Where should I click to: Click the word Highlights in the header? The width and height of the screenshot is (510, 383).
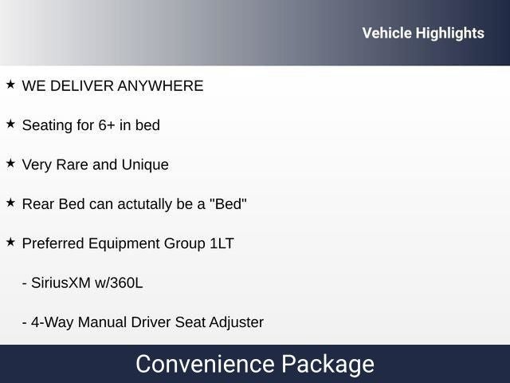pyautogui.click(x=449, y=34)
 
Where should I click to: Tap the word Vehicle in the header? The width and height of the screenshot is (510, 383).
pyautogui.click(x=387, y=33)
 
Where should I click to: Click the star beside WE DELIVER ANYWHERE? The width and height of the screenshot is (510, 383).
pyautogui.click(x=10, y=85)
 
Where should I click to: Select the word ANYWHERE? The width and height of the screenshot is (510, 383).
pyautogui.click(x=160, y=86)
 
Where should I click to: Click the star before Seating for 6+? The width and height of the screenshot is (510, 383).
pyautogui.click(x=10, y=124)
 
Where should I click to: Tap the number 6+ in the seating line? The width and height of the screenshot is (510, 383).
pyautogui.click(x=106, y=125)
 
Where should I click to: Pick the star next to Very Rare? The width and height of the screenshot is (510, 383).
pyautogui.click(x=10, y=163)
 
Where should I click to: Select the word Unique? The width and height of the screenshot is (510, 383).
pyautogui.click(x=145, y=165)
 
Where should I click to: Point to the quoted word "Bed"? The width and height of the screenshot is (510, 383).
pyautogui.click(x=229, y=204)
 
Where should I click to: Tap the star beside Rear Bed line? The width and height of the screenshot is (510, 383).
pyautogui.click(x=10, y=203)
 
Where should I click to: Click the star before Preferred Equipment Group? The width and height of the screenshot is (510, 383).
pyautogui.click(x=10, y=242)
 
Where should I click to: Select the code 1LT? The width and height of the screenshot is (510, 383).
pyautogui.click(x=222, y=243)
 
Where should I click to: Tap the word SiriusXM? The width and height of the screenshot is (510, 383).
pyautogui.click(x=61, y=283)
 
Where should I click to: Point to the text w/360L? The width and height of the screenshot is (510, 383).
pyautogui.click(x=119, y=283)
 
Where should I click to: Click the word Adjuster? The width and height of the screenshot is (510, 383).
pyautogui.click(x=237, y=323)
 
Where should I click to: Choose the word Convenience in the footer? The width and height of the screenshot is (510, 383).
pyautogui.click(x=206, y=364)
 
